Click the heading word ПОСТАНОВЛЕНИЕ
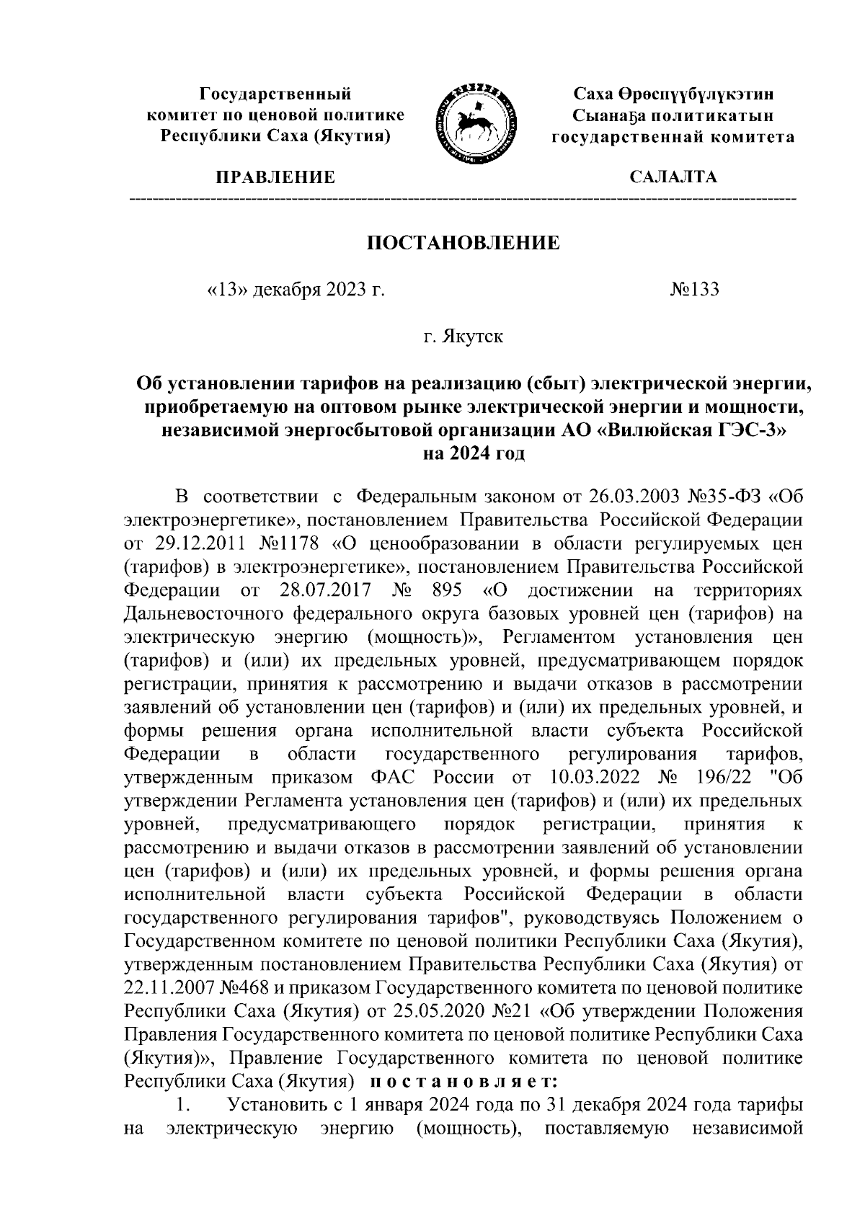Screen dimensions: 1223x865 (x=463, y=243)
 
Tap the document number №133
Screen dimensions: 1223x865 (x=695, y=290)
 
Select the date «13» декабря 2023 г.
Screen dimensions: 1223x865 (x=296, y=290)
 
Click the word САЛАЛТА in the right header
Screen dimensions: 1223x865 (x=673, y=177)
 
